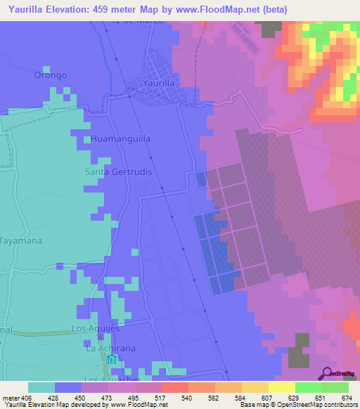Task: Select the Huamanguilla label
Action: [120, 139]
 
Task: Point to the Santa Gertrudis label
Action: [119, 171]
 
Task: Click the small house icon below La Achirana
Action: [112, 361]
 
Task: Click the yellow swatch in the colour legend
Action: [281, 387]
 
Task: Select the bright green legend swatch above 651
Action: [308, 387]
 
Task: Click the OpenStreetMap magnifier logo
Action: [327, 373]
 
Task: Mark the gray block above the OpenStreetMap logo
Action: [301, 350]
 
